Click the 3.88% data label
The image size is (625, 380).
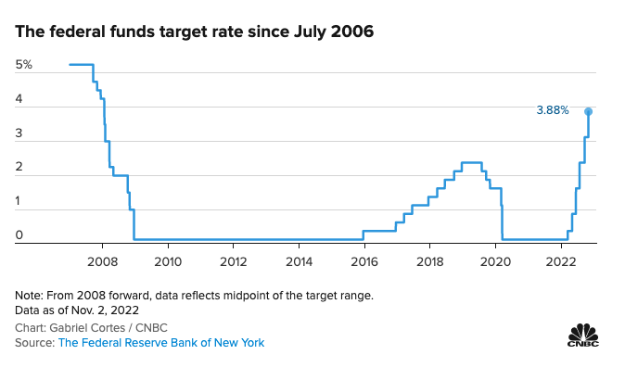click(552, 110)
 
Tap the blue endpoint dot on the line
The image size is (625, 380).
click(588, 111)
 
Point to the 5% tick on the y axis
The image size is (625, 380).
click(23, 65)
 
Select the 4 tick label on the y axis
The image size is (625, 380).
click(19, 107)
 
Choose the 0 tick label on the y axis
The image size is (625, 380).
click(19, 236)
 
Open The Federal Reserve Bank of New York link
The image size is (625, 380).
click(161, 343)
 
